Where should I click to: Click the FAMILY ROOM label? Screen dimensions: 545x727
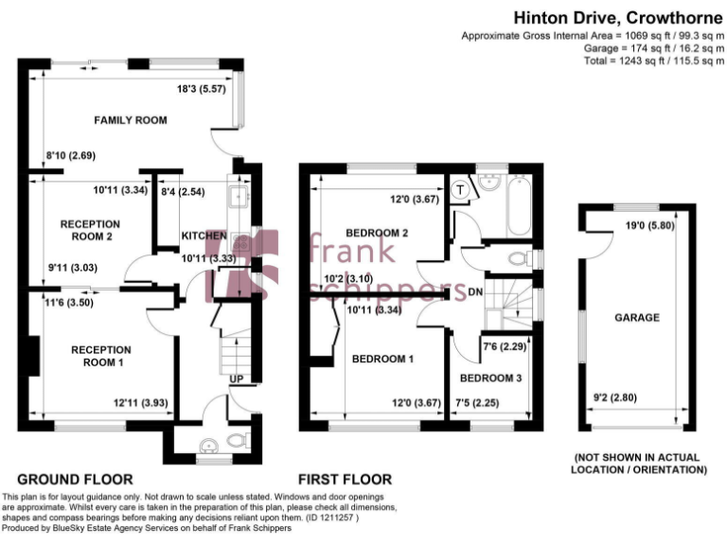(130, 120)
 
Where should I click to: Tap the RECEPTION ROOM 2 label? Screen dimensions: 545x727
(90, 230)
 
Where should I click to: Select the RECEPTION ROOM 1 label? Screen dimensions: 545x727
(102, 356)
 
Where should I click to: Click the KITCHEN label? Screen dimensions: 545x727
(204, 236)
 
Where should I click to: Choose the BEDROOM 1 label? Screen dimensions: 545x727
(382, 359)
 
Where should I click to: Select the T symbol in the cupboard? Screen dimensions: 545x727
(460, 188)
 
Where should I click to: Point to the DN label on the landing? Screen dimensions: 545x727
(475, 293)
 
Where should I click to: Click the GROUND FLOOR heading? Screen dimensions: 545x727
(75, 479)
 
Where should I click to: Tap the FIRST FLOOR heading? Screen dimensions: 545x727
(345, 479)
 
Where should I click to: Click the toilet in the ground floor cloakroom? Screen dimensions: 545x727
(238, 440)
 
